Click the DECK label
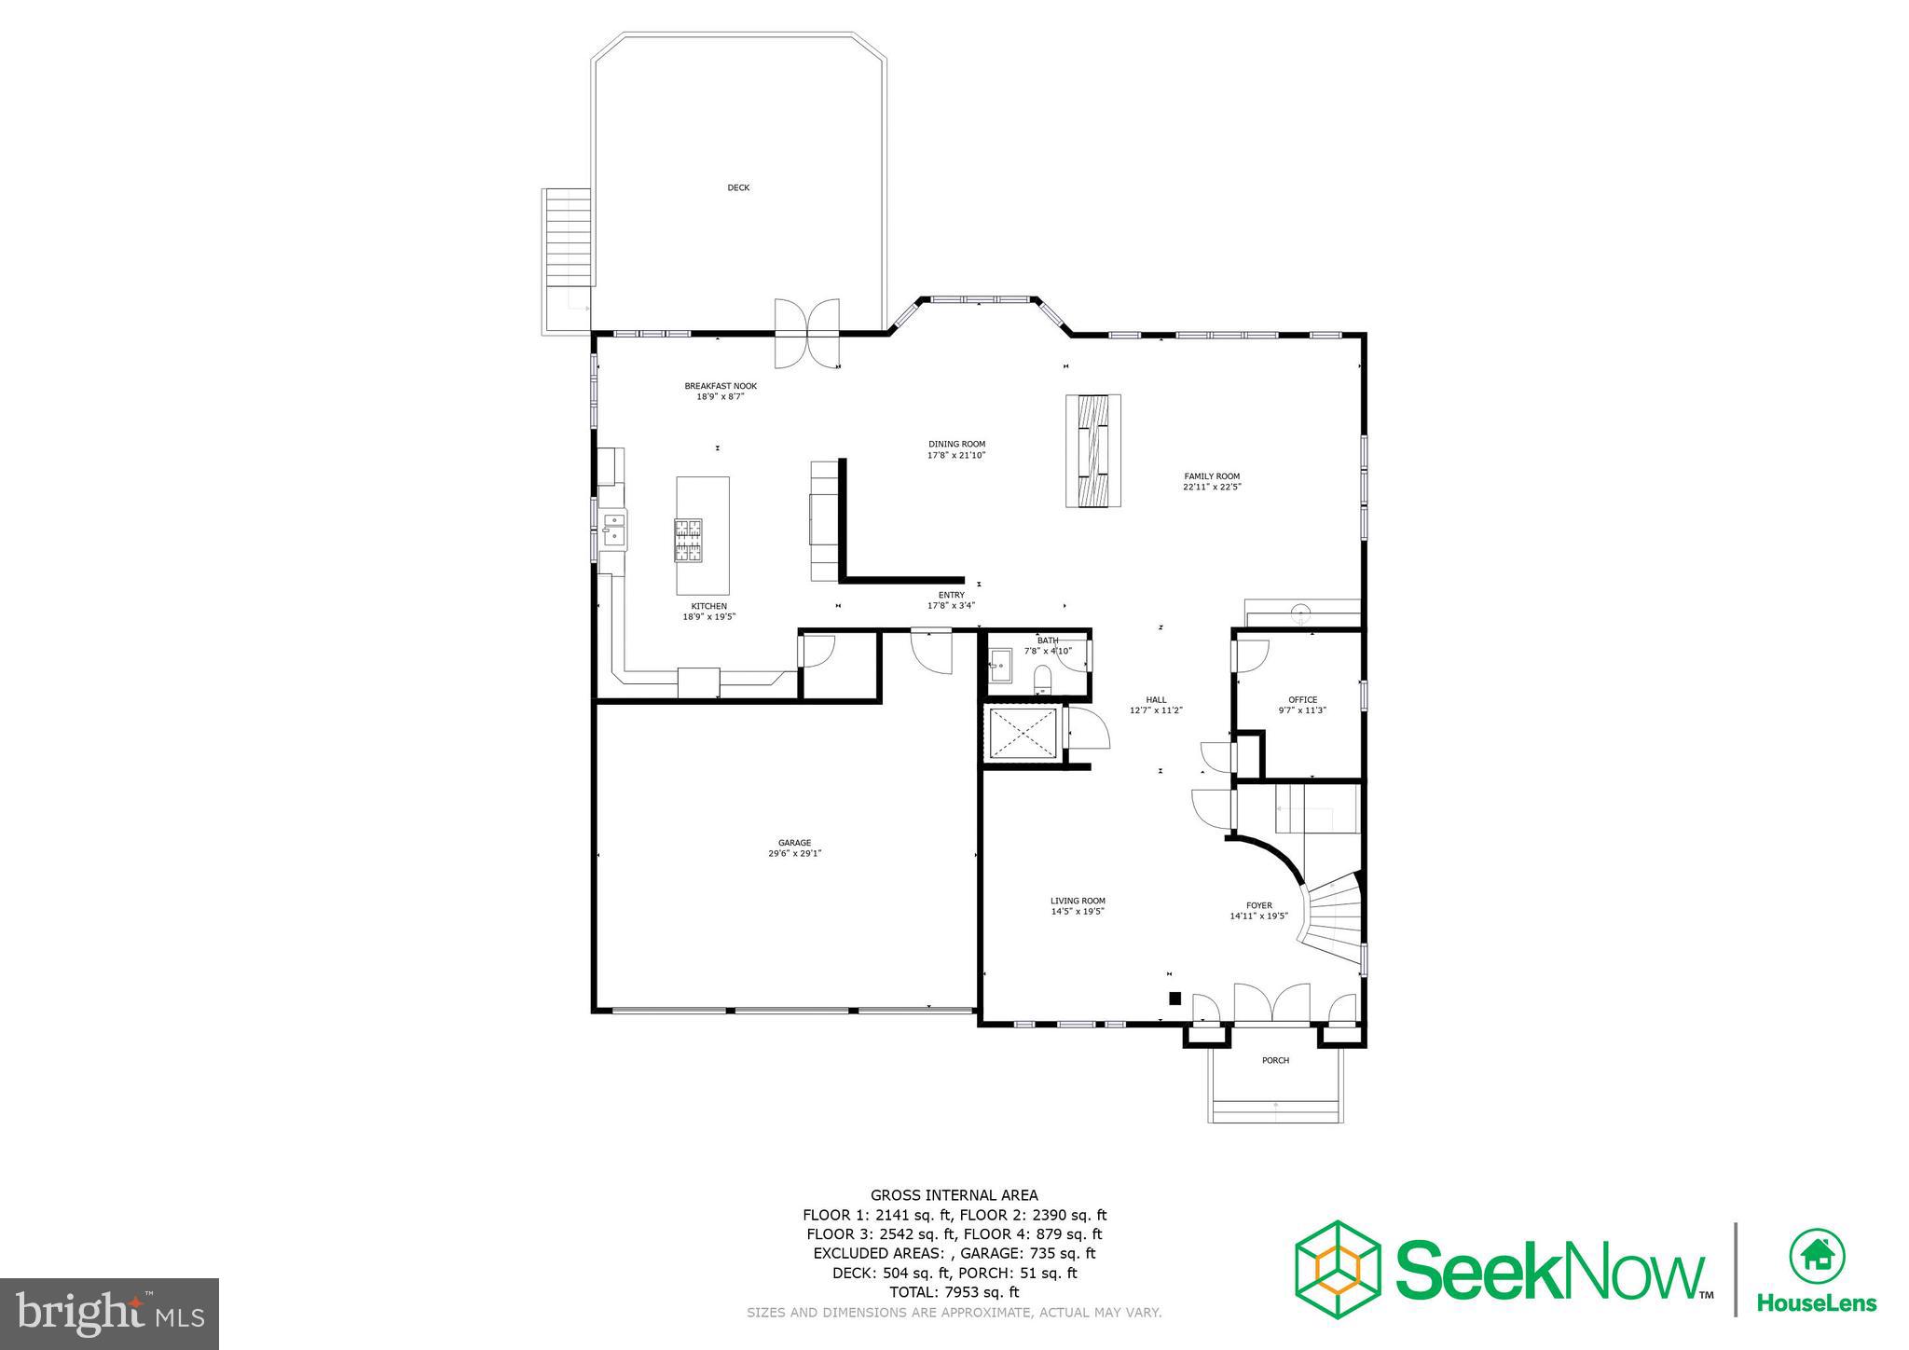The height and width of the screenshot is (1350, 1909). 738,188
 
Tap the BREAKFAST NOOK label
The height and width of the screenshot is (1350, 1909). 721,386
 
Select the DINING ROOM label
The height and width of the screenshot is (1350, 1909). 956,444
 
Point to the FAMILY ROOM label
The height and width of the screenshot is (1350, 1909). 1212,476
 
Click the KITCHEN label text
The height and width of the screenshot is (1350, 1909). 708,606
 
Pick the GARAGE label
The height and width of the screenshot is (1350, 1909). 795,843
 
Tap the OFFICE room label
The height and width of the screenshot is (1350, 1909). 1302,700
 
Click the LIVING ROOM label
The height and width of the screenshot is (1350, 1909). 1078,901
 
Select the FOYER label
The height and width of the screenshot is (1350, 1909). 1258,905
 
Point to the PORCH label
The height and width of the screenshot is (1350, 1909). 1275,1060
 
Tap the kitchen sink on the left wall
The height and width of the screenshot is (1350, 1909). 613,529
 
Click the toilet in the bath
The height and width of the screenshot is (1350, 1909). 1042,678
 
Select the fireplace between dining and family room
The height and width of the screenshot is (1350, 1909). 1093,451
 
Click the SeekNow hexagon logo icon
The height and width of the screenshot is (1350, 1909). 1339,1269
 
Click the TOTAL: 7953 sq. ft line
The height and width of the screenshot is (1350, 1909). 954,1292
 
